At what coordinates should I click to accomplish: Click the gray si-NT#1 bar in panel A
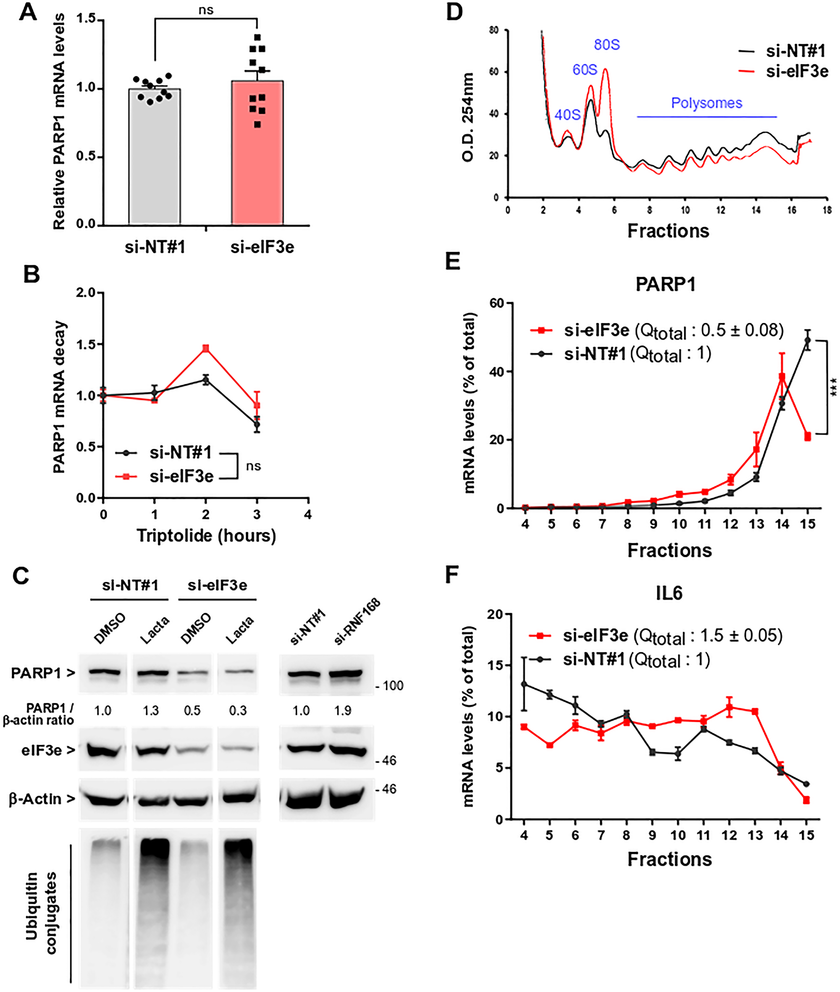(155, 157)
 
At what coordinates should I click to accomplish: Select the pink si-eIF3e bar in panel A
(257, 157)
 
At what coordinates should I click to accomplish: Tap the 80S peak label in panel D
(606, 45)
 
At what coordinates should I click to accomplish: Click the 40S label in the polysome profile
(567, 115)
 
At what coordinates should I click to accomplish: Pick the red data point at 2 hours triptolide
(206, 349)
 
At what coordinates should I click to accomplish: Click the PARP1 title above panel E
(665, 284)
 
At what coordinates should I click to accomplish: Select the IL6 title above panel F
(669, 593)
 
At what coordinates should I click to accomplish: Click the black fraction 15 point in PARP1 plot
(807, 340)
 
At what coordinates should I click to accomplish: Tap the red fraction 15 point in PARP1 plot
(808, 436)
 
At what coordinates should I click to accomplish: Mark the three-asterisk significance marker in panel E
(833, 387)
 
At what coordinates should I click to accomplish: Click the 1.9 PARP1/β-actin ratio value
(342, 711)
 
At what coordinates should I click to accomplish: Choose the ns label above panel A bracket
(206, 10)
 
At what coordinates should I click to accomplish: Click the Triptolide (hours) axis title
(206, 536)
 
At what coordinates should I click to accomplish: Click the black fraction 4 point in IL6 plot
(524, 684)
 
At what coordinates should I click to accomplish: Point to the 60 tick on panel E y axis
(497, 303)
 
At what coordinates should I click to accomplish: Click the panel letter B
(31, 275)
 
